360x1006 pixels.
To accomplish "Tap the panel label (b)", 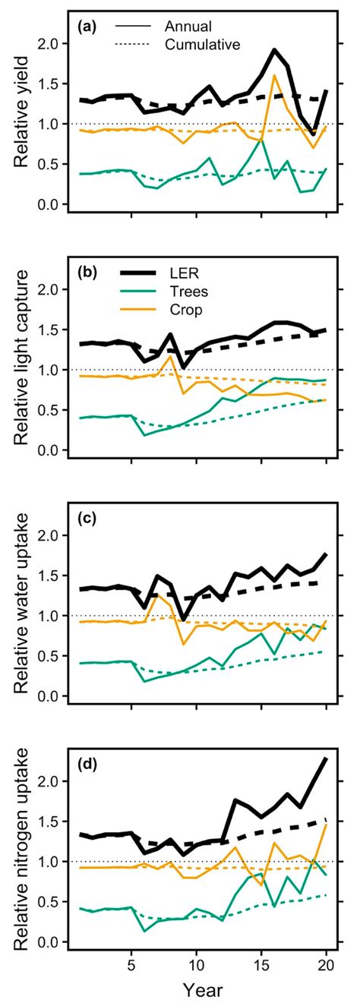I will (x=85, y=271).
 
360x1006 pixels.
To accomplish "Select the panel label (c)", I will (x=85, y=517).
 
